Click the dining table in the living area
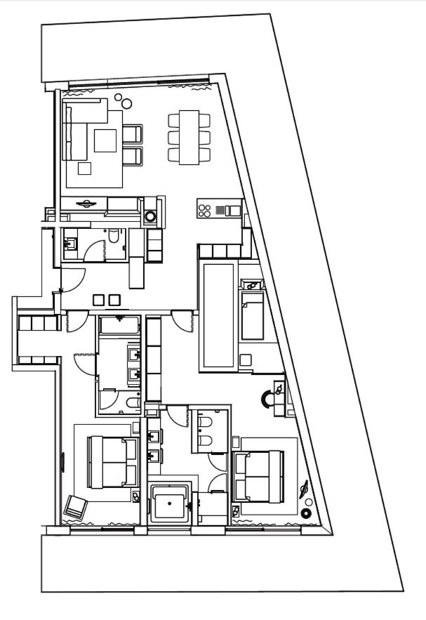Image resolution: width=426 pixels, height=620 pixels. pyautogui.click(x=189, y=137)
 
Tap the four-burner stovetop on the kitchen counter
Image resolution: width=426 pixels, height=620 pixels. pyautogui.click(x=205, y=209)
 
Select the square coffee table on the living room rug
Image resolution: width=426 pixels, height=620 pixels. pyautogui.click(x=106, y=141)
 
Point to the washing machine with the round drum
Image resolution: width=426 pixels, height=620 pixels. pyautogui.click(x=150, y=216)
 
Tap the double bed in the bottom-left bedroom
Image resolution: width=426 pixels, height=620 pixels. pyautogui.click(x=112, y=462)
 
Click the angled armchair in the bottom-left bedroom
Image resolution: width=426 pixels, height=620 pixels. pyautogui.click(x=75, y=506)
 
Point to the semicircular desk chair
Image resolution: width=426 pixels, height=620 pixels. pyautogui.click(x=268, y=399)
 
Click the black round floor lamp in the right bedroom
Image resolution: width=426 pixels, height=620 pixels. pyautogui.click(x=306, y=513)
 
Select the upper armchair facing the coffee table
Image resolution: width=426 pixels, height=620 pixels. pyautogui.click(x=132, y=134)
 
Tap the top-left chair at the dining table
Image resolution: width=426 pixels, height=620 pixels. pyautogui.click(x=173, y=121)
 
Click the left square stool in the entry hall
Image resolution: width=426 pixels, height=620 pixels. pyautogui.click(x=98, y=300)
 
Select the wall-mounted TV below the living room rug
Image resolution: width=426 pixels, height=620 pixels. pyautogui.click(x=85, y=204)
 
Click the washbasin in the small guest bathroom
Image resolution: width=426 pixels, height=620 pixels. pyautogui.click(x=70, y=244)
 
